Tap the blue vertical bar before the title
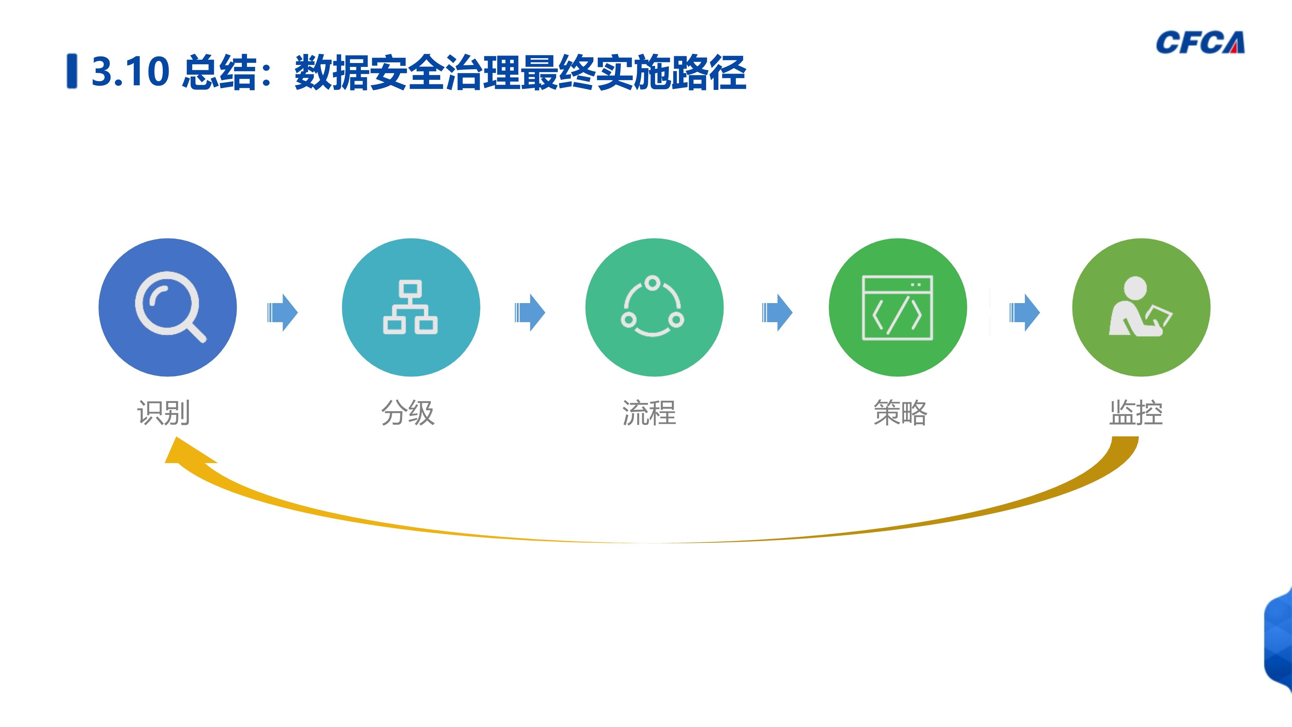72,71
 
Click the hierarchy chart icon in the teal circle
410,307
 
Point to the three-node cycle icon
652,306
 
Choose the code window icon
897,308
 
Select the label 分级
408,413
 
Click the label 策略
901,413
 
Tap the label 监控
1136,413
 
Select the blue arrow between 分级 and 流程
530,312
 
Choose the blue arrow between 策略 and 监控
1024,312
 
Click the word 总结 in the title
220,72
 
